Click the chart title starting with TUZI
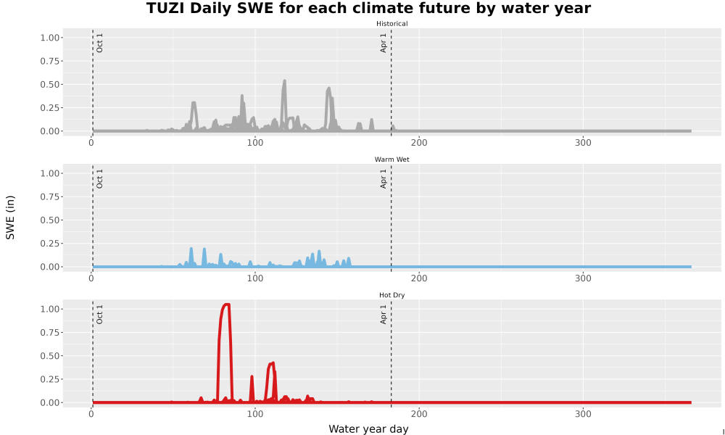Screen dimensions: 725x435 [x=368, y=8]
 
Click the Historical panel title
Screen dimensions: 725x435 [x=391, y=24]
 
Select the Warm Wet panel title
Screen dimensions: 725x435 [x=391, y=159]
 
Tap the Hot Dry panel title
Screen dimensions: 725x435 [x=391, y=295]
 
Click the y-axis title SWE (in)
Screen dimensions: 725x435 [x=10, y=217]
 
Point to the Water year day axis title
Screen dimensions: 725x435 [x=368, y=429]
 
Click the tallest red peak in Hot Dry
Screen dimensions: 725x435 [x=226, y=304]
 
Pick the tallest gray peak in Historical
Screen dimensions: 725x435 [x=284, y=81]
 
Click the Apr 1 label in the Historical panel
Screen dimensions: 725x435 [x=384, y=43]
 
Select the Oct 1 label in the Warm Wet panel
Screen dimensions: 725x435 [x=99, y=179]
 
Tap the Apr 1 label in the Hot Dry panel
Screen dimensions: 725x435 [x=384, y=315]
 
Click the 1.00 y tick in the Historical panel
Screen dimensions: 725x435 [x=50, y=38]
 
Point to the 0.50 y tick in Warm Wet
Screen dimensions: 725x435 [x=50, y=220]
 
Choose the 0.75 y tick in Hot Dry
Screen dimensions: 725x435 [x=50, y=333]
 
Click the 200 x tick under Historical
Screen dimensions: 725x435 [x=419, y=143]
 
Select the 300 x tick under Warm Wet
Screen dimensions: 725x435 [x=583, y=278]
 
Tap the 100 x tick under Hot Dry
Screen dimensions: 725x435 [x=254, y=414]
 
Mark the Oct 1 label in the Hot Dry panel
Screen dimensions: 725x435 [x=99, y=315]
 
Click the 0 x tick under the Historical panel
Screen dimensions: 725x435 [x=91, y=143]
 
